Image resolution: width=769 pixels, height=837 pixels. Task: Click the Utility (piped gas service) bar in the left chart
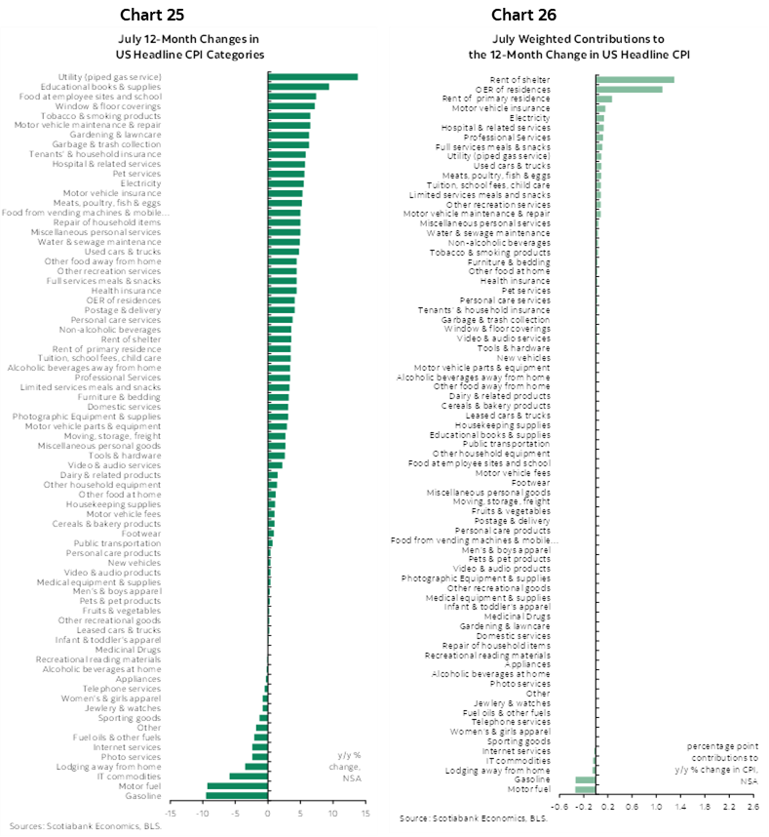[312, 77]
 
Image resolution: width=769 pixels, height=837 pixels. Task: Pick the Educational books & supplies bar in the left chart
[297, 87]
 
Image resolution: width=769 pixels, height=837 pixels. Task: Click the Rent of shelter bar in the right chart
[634, 80]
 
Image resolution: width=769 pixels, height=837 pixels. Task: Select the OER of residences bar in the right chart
[629, 90]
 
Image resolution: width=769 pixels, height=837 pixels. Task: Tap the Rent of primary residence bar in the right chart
[604, 99]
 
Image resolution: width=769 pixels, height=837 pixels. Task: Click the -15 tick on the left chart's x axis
[171, 813]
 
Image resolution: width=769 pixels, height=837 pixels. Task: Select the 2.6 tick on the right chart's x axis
[751, 807]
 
